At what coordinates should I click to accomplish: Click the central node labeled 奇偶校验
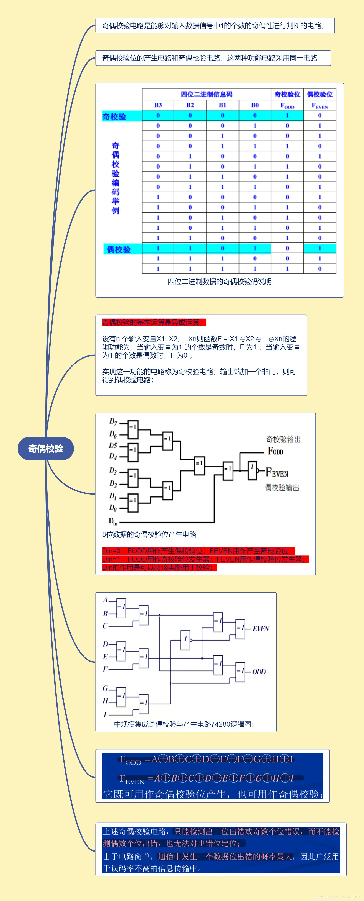[x=46, y=448]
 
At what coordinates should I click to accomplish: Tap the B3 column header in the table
[x=158, y=105]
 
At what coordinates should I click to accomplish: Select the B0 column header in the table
[x=255, y=105]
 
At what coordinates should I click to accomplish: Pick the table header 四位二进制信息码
[x=206, y=94]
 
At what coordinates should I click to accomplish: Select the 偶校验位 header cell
[x=319, y=94]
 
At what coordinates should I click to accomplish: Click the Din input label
[x=113, y=521]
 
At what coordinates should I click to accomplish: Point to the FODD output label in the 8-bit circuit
[x=275, y=451]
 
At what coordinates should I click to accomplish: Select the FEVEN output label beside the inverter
[x=277, y=473]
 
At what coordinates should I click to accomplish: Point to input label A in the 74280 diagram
[x=105, y=600]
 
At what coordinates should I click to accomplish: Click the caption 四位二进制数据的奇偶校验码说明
[x=219, y=282]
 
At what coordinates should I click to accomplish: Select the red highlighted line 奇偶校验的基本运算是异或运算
[x=154, y=322]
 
